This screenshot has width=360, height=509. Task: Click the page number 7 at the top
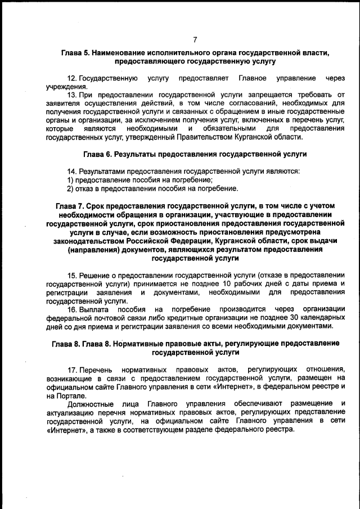pyautogui.click(x=195, y=39)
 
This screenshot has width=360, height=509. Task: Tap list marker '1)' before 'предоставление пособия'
pyautogui.click(x=71, y=179)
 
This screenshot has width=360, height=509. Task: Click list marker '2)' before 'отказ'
pyautogui.click(x=71, y=188)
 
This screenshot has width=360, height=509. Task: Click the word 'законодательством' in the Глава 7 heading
pyautogui.click(x=89, y=240)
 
